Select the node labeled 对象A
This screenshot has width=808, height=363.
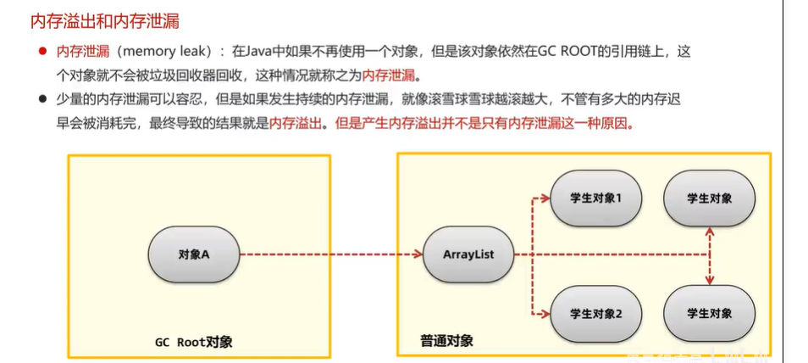(194, 254)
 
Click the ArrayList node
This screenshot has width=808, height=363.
(468, 254)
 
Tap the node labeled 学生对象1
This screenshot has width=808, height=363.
(596, 198)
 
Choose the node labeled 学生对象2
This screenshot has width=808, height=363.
(596, 313)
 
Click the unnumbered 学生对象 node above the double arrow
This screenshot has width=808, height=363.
(710, 198)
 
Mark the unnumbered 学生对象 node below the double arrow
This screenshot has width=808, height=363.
(710, 313)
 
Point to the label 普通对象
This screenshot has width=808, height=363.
(446, 341)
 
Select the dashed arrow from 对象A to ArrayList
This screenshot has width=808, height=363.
(330, 254)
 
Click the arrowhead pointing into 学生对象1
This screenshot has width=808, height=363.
(546, 199)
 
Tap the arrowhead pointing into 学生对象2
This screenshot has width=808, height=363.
(546, 314)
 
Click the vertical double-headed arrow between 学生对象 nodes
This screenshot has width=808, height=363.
(710, 255)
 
